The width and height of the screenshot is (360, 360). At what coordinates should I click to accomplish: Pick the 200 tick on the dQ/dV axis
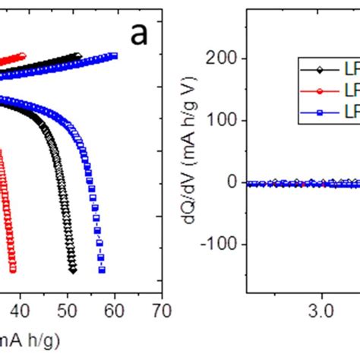click(226, 59)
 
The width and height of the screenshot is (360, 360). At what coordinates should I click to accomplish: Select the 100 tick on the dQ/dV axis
click(226, 121)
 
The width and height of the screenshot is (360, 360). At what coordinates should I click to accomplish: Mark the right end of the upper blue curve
click(115, 55)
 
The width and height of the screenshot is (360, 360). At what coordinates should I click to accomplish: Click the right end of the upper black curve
click(78, 55)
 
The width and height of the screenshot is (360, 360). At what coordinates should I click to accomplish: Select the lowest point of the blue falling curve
click(102, 270)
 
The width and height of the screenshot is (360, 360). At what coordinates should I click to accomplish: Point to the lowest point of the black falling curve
click(72, 269)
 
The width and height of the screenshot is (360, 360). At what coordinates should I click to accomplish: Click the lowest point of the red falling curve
click(13, 270)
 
